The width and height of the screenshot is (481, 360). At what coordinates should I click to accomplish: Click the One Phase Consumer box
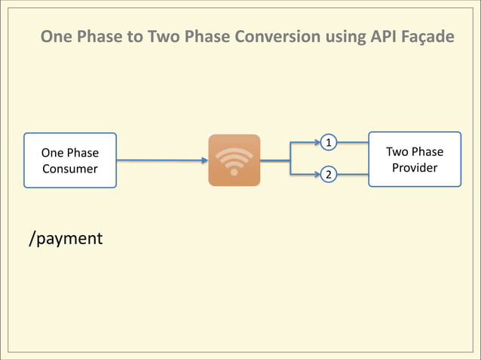(x=70, y=160)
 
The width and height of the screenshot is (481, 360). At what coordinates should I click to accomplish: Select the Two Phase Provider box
(x=414, y=159)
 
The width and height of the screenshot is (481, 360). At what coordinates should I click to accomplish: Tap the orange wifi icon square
(x=234, y=160)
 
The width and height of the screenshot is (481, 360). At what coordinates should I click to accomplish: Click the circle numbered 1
(x=329, y=142)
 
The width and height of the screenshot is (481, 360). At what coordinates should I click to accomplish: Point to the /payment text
(x=66, y=239)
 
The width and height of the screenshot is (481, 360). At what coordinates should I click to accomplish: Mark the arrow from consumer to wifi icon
(x=162, y=160)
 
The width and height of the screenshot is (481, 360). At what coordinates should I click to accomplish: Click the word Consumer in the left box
(x=70, y=169)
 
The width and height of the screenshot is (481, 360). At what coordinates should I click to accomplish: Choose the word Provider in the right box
(x=415, y=167)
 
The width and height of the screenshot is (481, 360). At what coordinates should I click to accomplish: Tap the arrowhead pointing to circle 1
(x=317, y=142)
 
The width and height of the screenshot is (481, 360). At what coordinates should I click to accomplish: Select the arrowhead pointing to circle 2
(x=317, y=175)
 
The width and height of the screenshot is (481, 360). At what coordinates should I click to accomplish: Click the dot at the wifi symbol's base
(x=234, y=172)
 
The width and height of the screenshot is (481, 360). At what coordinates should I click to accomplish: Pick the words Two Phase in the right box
(x=415, y=151)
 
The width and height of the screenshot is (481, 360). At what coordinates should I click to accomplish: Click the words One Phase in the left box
(x=70, y=153)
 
